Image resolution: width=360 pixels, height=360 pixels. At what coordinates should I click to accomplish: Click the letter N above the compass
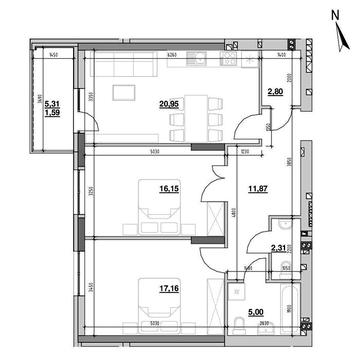(x=337, y=12)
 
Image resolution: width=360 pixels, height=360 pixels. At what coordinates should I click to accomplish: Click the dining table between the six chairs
(x=194, y=116)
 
